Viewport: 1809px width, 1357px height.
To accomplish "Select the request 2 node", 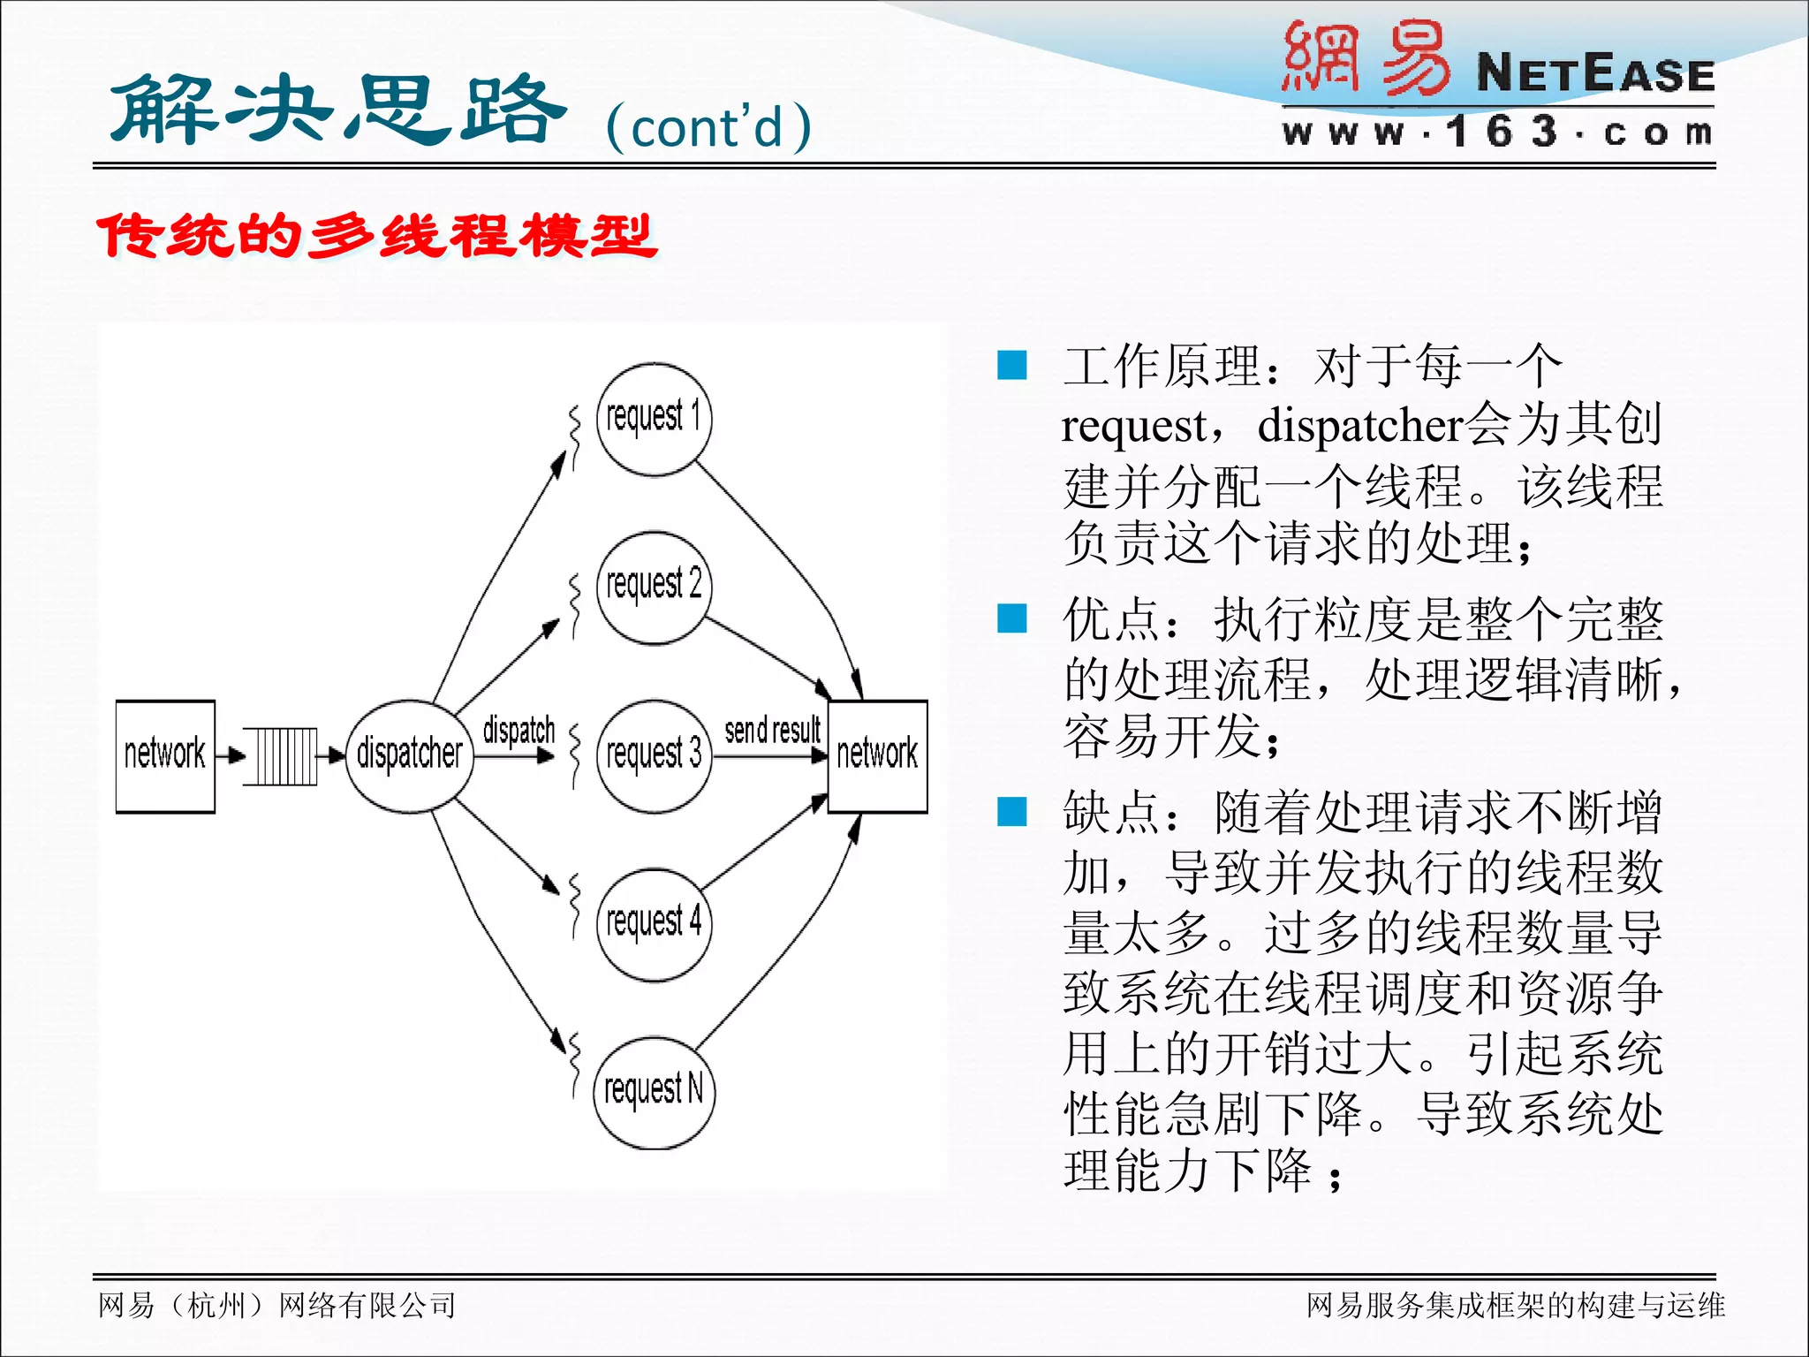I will [x=654, y=588].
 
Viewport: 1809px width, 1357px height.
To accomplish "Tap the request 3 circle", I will [x=654, y=755].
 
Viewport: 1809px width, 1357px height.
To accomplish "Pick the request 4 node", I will [x=654, y=924].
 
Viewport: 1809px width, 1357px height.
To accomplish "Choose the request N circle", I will [x=654, y=1092].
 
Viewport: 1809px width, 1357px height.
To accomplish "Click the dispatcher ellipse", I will [x=409, y=755].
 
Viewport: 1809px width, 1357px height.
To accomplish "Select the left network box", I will [x=165, y=755].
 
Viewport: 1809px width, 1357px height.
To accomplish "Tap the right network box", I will [x=877, y=755].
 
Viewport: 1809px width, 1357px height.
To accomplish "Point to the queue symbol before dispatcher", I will [x=281, y=756].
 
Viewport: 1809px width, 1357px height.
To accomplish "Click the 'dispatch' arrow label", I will [x=518, y=731].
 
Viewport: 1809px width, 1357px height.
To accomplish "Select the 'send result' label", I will [x=772, y=731].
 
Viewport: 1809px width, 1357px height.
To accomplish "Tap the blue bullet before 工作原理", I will [x=1011, y=365].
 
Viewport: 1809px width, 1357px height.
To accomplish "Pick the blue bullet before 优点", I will [x=1011, y=618].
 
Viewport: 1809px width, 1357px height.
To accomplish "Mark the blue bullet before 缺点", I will [x=1011, y=811].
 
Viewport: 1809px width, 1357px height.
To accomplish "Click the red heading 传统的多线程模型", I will [x=377, y=237].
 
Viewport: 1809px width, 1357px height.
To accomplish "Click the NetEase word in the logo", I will [x=1595, y=74].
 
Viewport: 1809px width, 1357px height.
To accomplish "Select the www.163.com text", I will [x=1497, y=133].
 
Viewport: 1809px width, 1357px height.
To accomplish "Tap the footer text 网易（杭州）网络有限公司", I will [x=276, y=1305].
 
